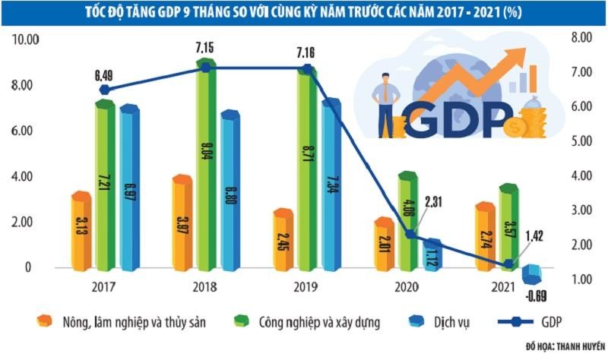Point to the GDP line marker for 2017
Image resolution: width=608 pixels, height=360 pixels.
click(x=106, y=90)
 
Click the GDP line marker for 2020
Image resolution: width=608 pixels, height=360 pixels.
click(x=411, y=235)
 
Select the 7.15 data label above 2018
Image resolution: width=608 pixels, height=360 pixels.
click(x=205, y=49)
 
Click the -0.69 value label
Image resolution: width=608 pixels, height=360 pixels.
click(x=537, y=294)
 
